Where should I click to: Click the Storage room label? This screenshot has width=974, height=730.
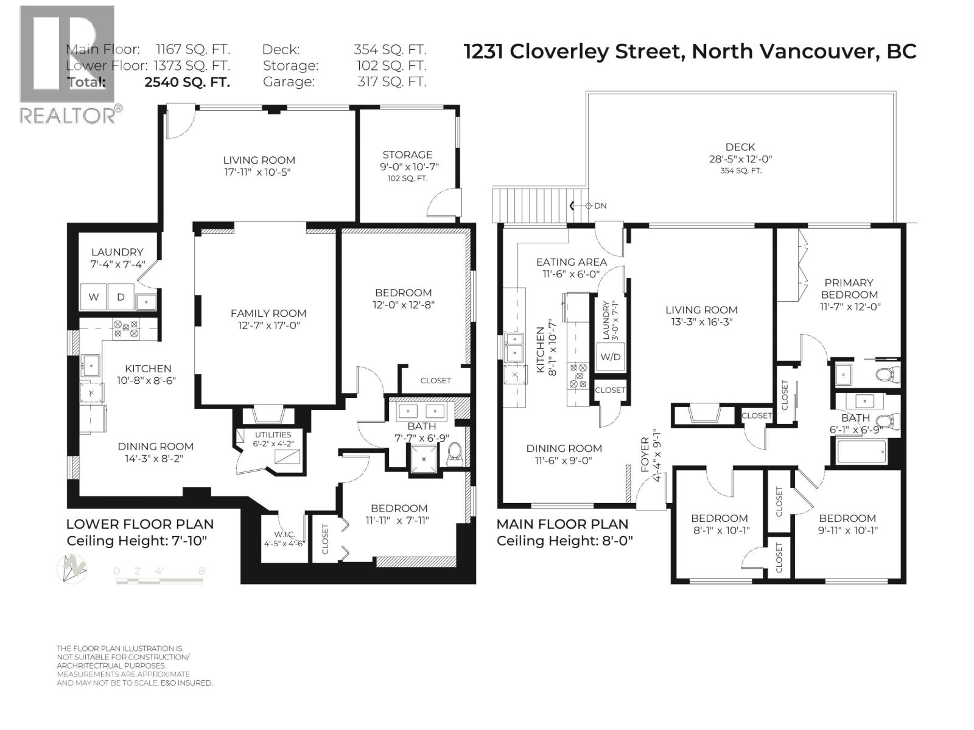pyautogui.click(x=407, y=155)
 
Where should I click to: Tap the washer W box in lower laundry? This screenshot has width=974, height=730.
pyautogui.click(x=94, y=297)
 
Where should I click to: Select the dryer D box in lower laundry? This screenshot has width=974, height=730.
pyautogui.click(x=121, y=297)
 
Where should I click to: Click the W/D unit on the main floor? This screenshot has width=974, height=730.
pyautogui.click(x=610, y=357)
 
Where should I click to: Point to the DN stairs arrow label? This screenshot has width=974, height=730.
pyautogui.click(x=600, y=206)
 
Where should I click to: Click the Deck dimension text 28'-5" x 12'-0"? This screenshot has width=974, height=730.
pyautogui.click(x=740, y=159)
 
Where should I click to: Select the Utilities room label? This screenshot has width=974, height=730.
pyautogui.click(x=273, y=435)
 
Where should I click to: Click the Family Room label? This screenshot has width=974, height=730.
pyautogui.click(x=268, y=313)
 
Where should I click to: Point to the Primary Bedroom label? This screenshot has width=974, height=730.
pyautogui.click(x=849, y=288)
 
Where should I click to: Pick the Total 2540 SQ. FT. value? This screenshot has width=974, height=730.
pyautogui.click(x=187, y=82)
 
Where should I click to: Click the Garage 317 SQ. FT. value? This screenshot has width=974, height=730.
pyautogui.click(x=391, y=82)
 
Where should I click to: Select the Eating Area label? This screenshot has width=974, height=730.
pyautogui.click(x=571, y=262)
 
